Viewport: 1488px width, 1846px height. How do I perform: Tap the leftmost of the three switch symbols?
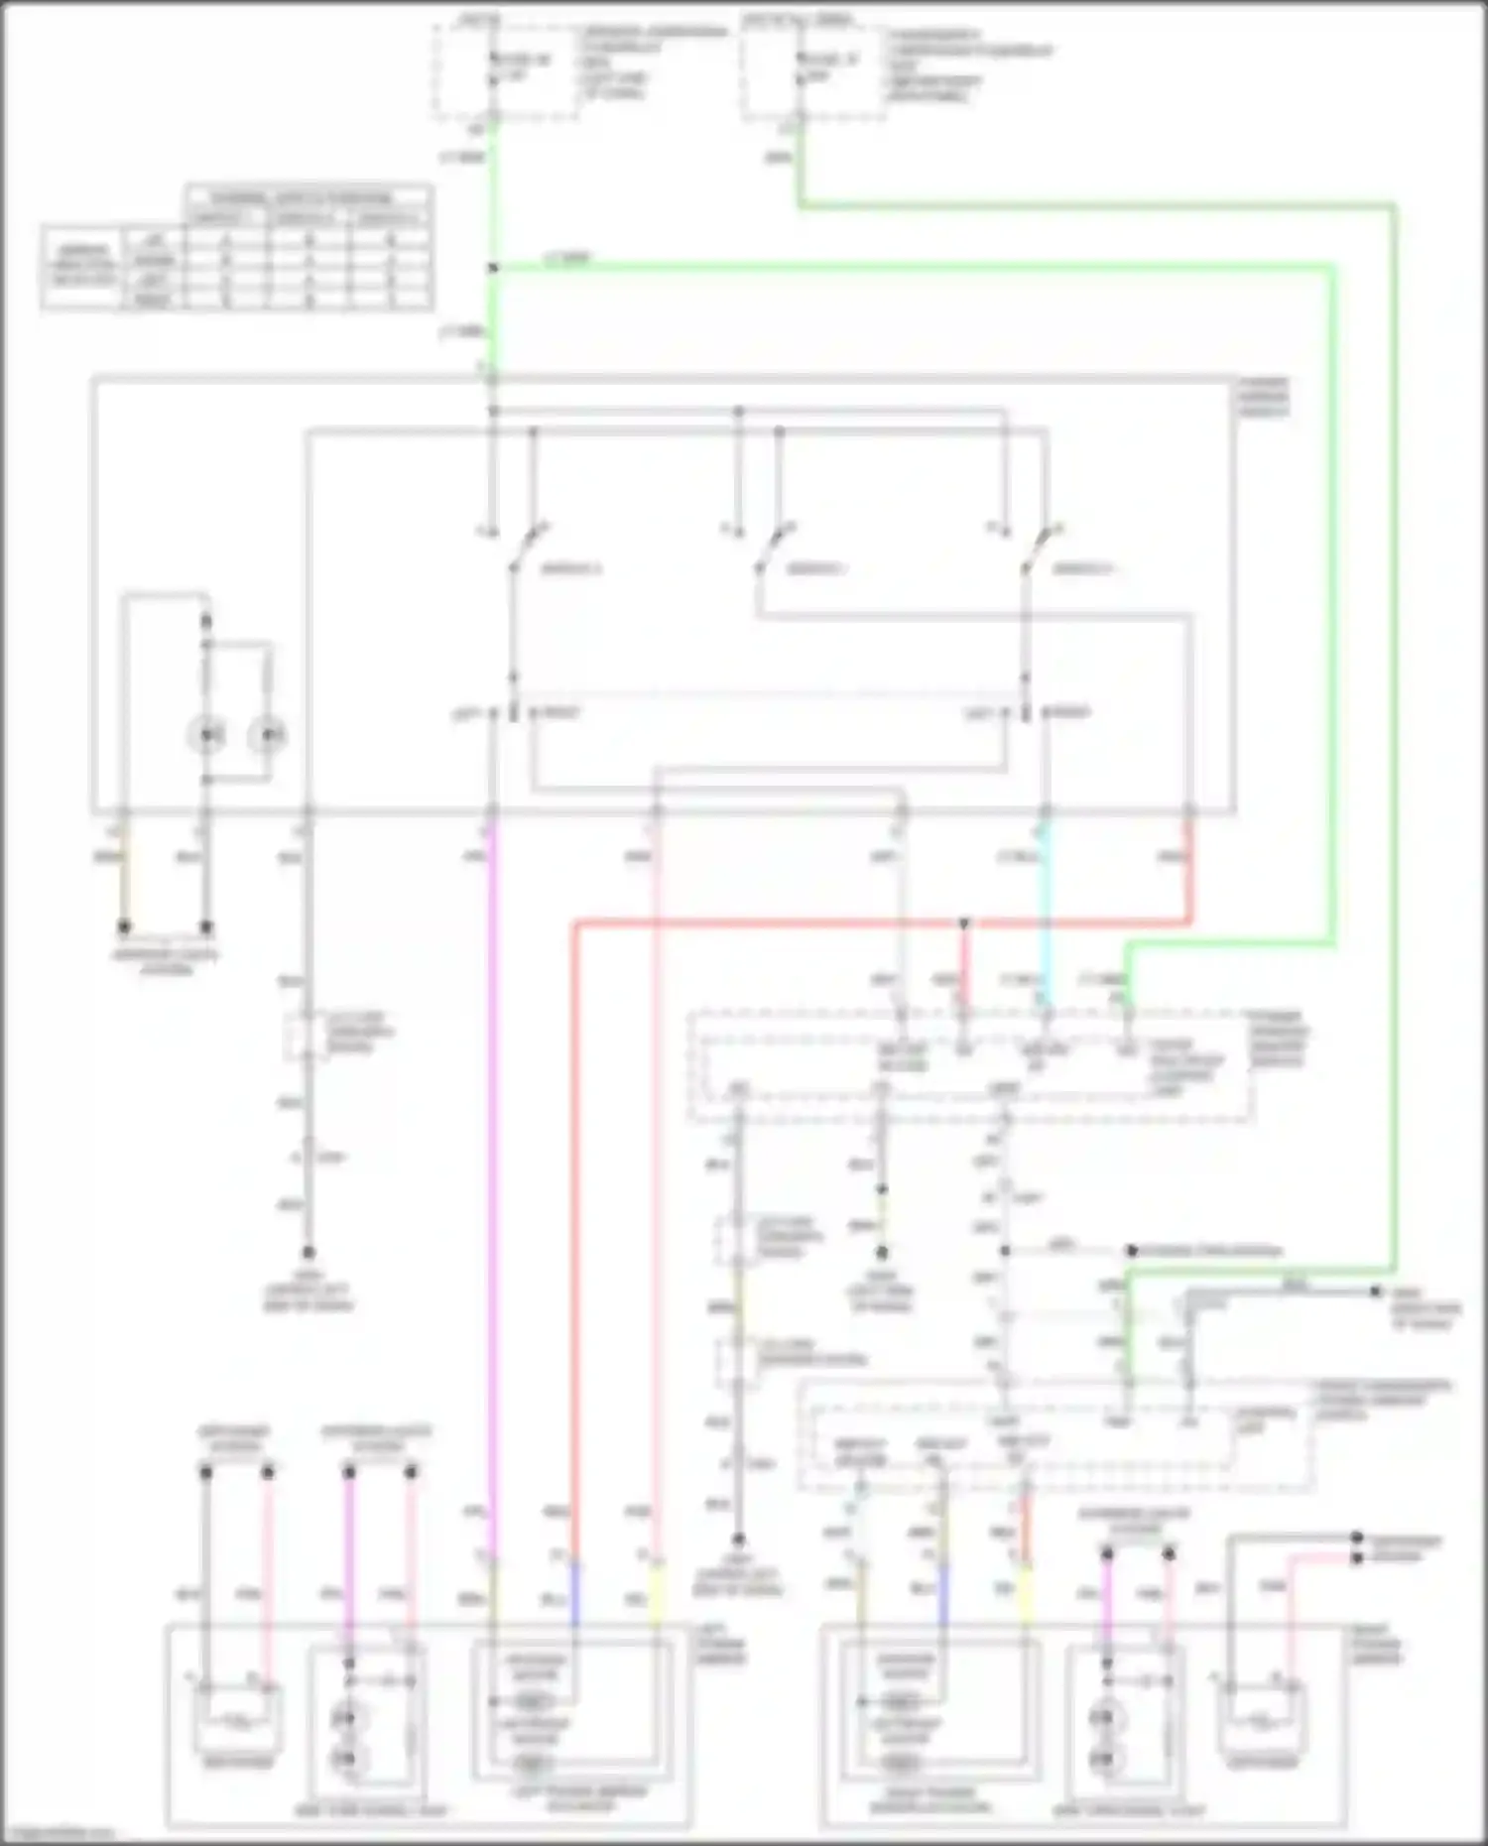click(526, 549)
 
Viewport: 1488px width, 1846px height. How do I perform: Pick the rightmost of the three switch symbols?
click(1040, 549)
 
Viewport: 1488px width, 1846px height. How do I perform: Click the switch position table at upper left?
click(236, 247)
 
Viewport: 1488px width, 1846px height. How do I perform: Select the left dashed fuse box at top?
click(505, 69)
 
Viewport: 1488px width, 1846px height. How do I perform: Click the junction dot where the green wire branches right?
click(492, 268)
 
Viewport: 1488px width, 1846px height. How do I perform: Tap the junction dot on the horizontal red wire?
click(963, 923)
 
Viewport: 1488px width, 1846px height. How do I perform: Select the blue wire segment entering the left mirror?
click(573, 1594)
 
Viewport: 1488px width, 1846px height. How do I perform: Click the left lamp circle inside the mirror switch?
click(206, 735)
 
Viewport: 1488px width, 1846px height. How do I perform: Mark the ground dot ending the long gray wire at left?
click(309, 1253)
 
